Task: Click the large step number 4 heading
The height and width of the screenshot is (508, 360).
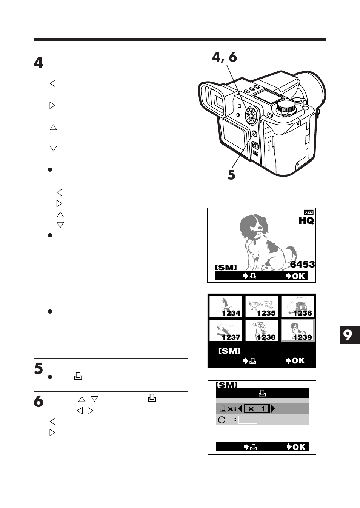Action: click(x=38, y=63)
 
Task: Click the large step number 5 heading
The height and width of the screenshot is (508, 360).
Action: click(x=38, y=368)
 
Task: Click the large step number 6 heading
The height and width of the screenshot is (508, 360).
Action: click(x=38, y=401)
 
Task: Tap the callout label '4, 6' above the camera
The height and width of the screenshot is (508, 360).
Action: click(x=224, y=57)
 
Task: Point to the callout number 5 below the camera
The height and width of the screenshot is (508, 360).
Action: click(x=231, y=175)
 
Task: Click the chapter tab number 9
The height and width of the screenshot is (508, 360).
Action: click(x=348, y=335)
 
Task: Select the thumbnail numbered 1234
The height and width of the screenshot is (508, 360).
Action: click(x=226, y=306)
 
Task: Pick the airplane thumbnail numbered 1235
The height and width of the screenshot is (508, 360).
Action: click(x=262, y=306)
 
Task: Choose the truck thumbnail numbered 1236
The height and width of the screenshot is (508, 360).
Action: click(x=298, y=306)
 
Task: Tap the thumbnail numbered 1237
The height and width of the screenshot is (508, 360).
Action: click(x=226, y=331)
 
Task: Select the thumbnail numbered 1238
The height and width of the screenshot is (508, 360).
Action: click(x=262, y=331)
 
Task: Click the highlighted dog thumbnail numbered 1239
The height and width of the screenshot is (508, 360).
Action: click(x=298, y=331)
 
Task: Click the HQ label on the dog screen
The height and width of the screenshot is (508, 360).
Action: click(x=306, y=221)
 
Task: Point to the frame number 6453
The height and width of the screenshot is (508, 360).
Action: click(x=302, y=264)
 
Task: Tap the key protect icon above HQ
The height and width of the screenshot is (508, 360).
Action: click(x=308, y=212)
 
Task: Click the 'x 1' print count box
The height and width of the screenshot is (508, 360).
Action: click(x=257, y=409)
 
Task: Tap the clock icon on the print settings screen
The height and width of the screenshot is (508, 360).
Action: click(x=222, y=420)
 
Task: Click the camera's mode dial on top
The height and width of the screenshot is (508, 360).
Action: click(x=286, y=108)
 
